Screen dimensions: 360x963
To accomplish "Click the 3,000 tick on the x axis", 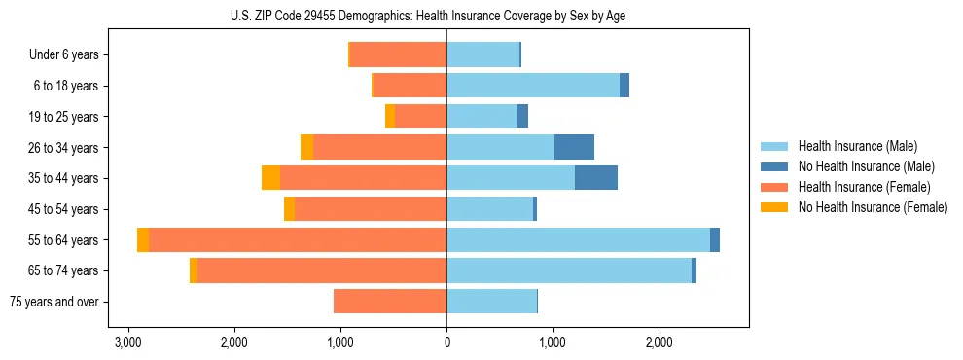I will tap(127, 342).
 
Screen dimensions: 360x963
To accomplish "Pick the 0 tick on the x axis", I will tap(446, 342).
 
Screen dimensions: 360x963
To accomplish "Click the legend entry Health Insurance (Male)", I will tap(857, 146).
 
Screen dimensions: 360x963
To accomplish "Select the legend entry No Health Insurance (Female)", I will tap(873, 207).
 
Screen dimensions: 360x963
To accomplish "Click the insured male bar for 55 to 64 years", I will tap(578, 239).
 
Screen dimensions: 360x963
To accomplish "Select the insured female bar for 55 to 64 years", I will tap(298, 239).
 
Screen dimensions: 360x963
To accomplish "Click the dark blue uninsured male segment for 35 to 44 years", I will tap(596, 178).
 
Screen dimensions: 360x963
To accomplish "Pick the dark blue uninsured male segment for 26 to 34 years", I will tap(574, 147).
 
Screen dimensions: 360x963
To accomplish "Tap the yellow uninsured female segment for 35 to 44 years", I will tap(270, 178).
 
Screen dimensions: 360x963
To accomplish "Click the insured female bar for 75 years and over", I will tap(390, 302).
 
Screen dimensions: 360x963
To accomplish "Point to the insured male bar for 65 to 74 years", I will tap(569, 270).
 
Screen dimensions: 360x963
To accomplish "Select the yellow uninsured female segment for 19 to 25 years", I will tap(390, 117).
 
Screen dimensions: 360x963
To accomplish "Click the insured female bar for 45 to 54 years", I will tap(371, 209).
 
